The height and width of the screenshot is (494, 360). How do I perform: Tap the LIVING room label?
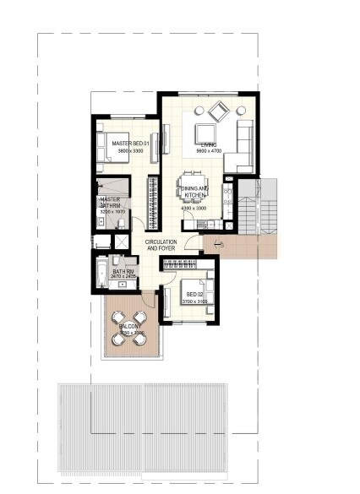209,145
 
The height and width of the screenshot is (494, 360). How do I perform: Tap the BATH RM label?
123,270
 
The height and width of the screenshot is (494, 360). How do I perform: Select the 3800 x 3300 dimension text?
129,151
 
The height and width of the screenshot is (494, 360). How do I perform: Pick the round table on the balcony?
130,329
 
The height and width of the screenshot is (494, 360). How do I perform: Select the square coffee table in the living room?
205,133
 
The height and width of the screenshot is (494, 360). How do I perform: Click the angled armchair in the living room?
218,110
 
